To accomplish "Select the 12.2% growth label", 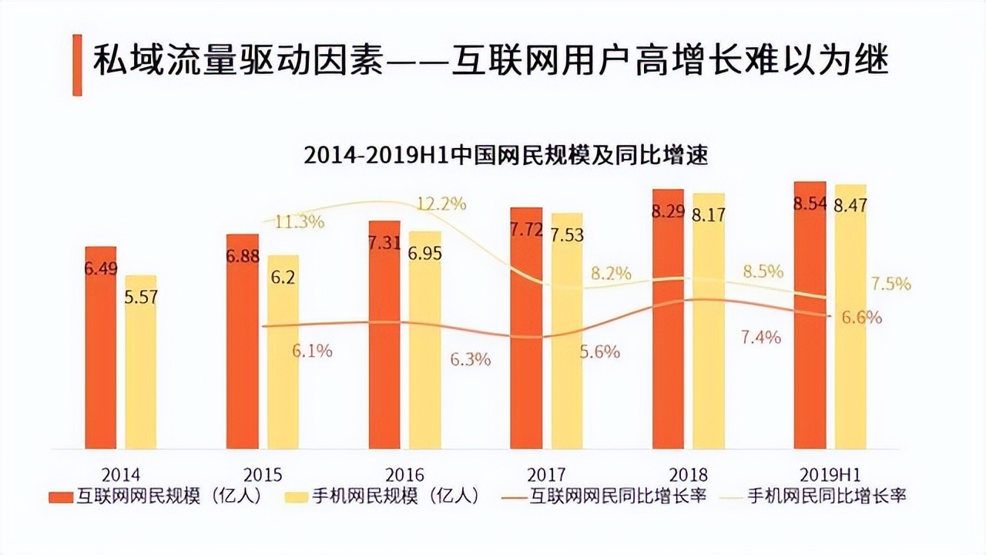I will (x=441, y=204).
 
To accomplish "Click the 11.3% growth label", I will (x=300, y=222).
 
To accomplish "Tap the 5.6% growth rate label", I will (x=599, y=351).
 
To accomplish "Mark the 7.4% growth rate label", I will (x=761, y=337).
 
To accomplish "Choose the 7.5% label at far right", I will (x=890, y=284).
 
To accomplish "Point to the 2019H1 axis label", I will (x=830, y=475).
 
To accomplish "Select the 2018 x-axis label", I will (x=688, y=475).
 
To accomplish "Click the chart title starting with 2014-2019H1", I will (x=505, y=156).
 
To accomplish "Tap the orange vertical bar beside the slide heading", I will (x=77, y=65).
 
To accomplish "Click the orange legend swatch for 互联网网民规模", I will (x=60, y=497).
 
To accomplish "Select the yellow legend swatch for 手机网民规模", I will (x=296, y=497).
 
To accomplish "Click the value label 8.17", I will (x=708, y=215).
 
